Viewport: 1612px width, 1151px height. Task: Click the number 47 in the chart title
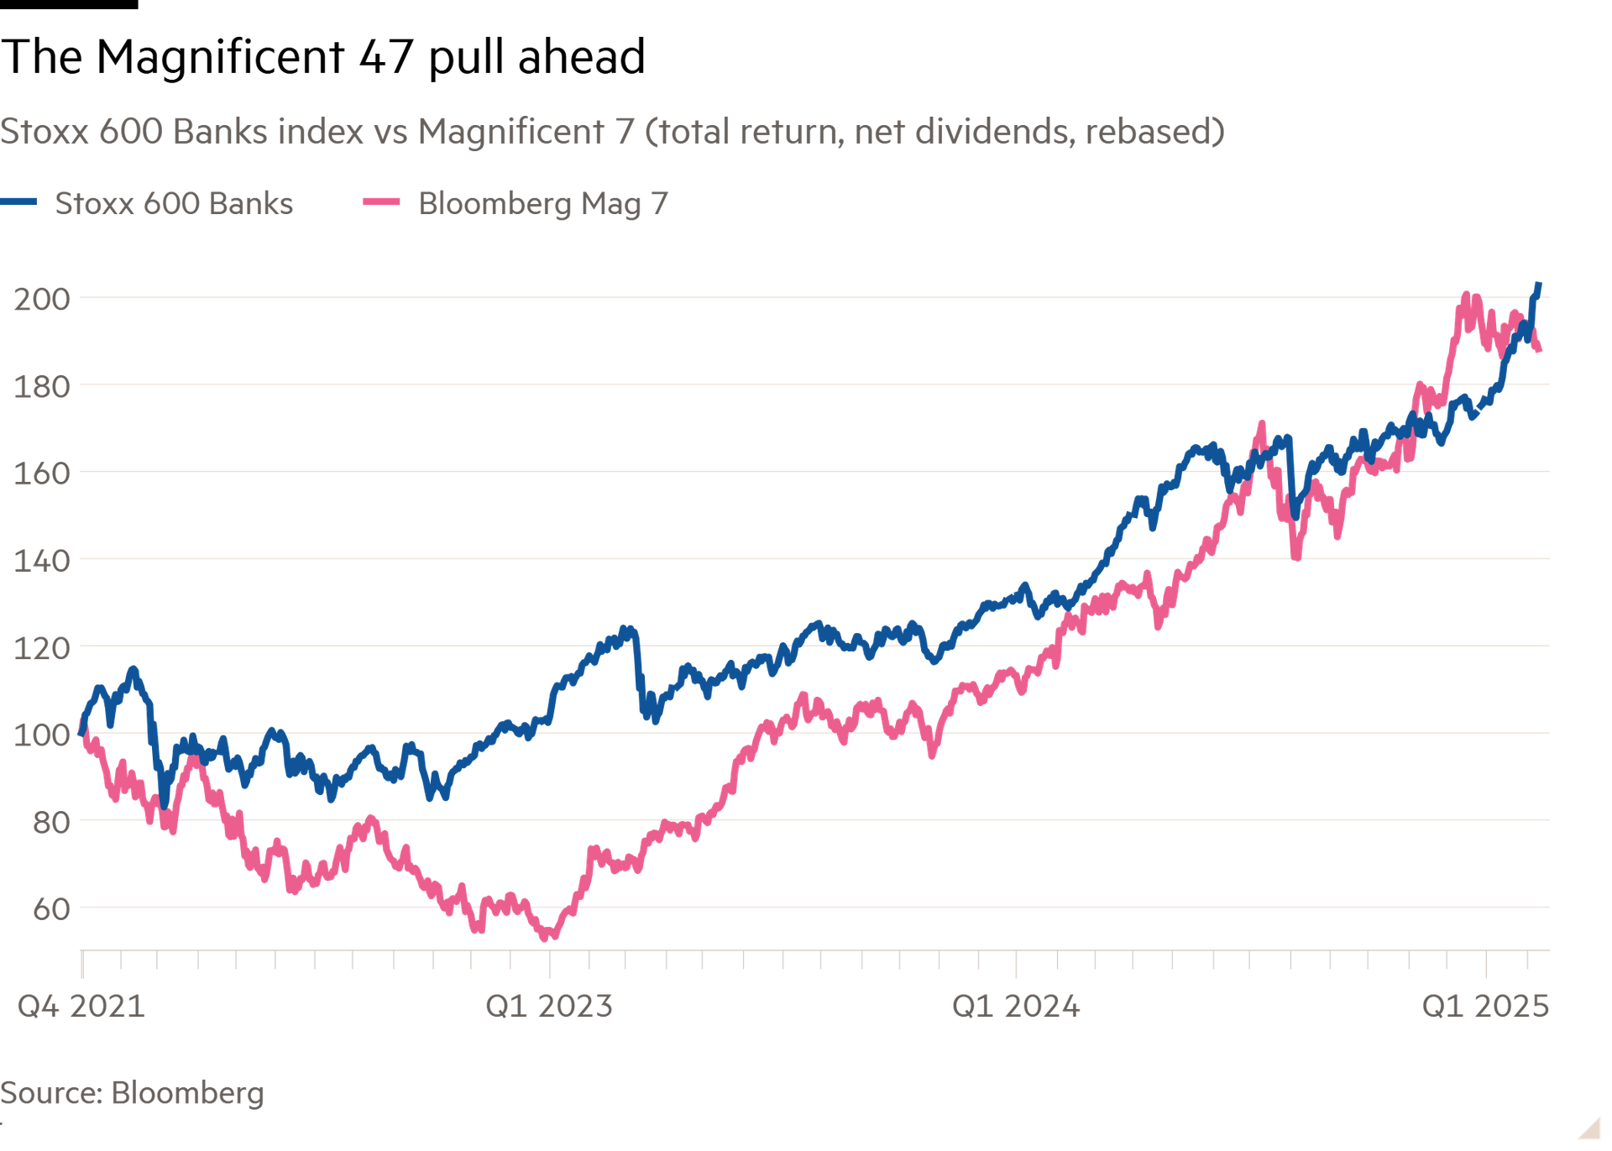386,57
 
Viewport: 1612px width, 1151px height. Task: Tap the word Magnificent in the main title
221,57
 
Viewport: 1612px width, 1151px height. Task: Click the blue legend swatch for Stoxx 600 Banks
18,201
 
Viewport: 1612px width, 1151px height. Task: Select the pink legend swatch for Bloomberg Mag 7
381,201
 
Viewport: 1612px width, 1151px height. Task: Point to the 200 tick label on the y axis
42,299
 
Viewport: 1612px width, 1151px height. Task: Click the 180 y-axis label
42,386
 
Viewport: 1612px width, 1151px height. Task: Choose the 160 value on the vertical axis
42,473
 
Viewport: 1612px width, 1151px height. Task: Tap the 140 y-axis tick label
42,560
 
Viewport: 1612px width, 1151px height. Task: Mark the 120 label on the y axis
42,647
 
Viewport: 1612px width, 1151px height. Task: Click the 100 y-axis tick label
42,735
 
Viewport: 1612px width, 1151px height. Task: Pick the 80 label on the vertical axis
51,822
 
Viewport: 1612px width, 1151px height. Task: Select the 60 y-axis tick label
51,908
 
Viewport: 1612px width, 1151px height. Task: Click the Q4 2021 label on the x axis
81,1006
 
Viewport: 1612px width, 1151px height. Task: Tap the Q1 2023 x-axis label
549,1006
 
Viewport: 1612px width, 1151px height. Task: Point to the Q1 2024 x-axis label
1016,1006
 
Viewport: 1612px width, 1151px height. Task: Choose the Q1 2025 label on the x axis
1485,1006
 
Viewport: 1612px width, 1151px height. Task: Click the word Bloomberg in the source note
187,1093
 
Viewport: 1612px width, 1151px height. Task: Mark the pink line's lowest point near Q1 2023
545,937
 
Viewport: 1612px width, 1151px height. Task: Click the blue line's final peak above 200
1538,285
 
